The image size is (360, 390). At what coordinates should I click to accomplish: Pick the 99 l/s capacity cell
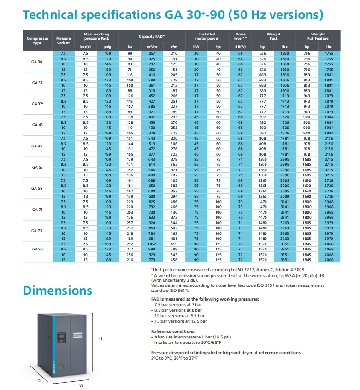(x=130, y=53)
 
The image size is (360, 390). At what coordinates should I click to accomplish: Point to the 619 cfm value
(x=174, y=244)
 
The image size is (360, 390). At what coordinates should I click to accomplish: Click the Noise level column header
(x=240, y=35)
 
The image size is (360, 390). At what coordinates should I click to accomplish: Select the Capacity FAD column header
(x=151, y=35)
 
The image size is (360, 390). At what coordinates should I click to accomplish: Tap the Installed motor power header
(x=207, y=35)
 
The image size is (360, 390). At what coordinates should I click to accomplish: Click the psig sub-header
(x=107, y=47)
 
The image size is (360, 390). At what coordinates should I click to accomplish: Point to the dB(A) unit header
(x=240, y=47)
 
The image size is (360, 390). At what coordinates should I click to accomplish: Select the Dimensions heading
(x=58, y=291)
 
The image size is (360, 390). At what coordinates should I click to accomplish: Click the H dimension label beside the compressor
(x=100, y=338)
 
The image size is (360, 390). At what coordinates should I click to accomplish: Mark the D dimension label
(x=39, y=380)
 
